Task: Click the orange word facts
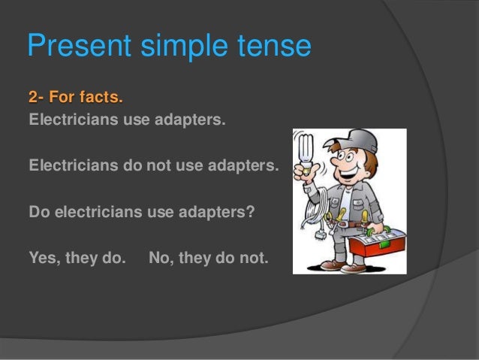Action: tap(98, 98)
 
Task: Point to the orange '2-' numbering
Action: tap(36, 98)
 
